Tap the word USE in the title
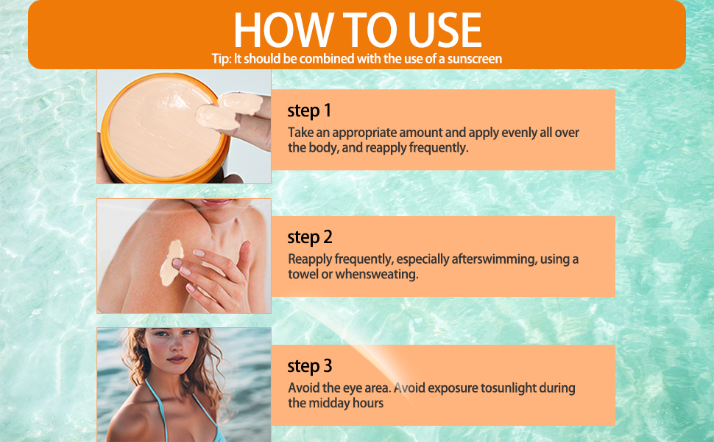(x=441, y=30)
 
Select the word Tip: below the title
(x=221, y=58)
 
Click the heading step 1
(x=309, y=111)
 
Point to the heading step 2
(x=310, y=237)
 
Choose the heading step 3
(x=310, y=366)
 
